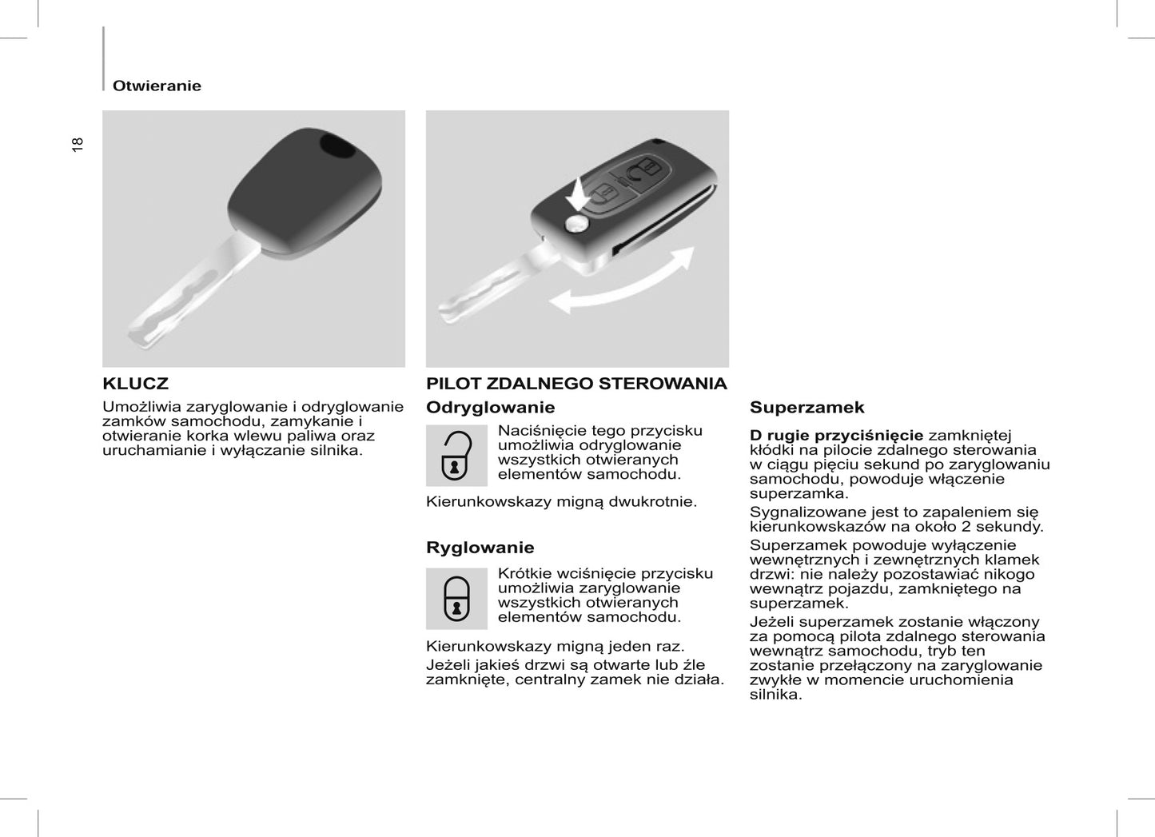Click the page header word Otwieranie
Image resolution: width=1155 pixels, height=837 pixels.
[x=157, y=86]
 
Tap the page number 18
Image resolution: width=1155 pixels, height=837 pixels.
[x=78, y=145]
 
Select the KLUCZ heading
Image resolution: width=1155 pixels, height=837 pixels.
[x=135, y=384]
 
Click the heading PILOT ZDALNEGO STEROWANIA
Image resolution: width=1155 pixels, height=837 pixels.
[x=576, y=384]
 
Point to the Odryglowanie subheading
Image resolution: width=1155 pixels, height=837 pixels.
[x=490, y=408]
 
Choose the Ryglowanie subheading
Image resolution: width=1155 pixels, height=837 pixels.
[x=480, y=548]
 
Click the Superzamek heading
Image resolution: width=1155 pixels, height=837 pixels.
[x=807, y=408]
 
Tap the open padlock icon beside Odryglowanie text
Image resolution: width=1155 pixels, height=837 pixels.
[x=456, y=456]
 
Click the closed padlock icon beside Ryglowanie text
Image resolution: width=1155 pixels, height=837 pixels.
[x=456, y=599]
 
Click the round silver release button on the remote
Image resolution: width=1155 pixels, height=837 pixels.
[x=575, y=225]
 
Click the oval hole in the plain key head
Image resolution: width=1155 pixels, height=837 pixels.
[x=337, y=147]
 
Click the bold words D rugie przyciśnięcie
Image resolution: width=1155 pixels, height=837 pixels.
[x=836, y=436]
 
